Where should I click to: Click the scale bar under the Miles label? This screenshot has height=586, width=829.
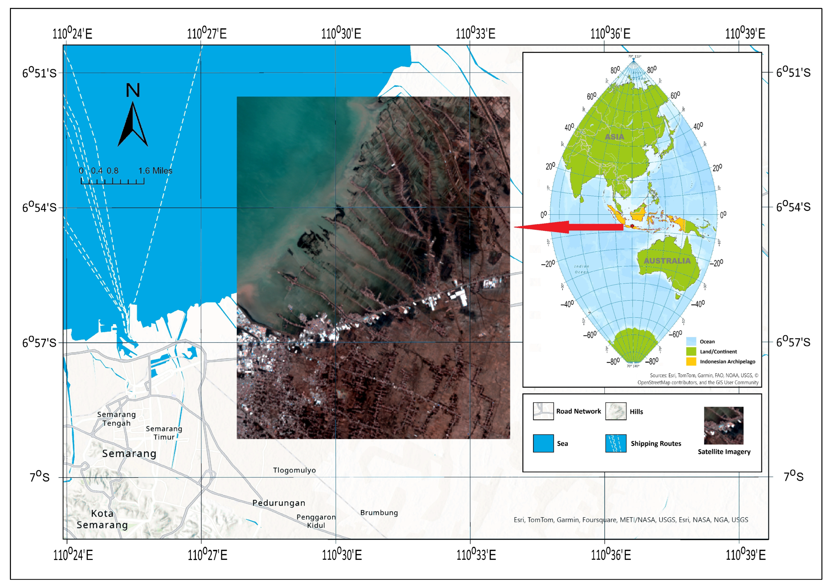[112, 181]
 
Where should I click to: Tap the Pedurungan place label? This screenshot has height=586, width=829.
[279, 503]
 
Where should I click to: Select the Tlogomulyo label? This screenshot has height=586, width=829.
[294, 470]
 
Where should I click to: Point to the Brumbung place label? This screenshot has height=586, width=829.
[379, 512]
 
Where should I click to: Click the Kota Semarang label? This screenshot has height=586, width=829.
[102, 519]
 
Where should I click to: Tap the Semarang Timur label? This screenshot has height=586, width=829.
[164, 433]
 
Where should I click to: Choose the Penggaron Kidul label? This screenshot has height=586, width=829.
[316, 521]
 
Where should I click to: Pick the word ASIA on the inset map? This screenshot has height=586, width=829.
[615, 136]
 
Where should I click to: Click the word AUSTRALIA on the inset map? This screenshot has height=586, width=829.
[667, 261]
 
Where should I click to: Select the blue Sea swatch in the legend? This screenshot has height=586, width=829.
[543, 443]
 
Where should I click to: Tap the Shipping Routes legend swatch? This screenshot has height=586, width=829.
[615, 443]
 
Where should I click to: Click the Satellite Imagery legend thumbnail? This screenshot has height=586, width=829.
[723, 426]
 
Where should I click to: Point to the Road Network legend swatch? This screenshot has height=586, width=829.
[543, 411]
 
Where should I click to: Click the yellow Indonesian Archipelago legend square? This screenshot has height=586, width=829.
[691, 361]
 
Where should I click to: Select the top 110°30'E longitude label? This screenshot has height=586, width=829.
[341, 33]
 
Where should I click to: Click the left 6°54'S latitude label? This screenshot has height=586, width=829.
[39, 207]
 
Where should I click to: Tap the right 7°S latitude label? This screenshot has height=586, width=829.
[793, 476]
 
